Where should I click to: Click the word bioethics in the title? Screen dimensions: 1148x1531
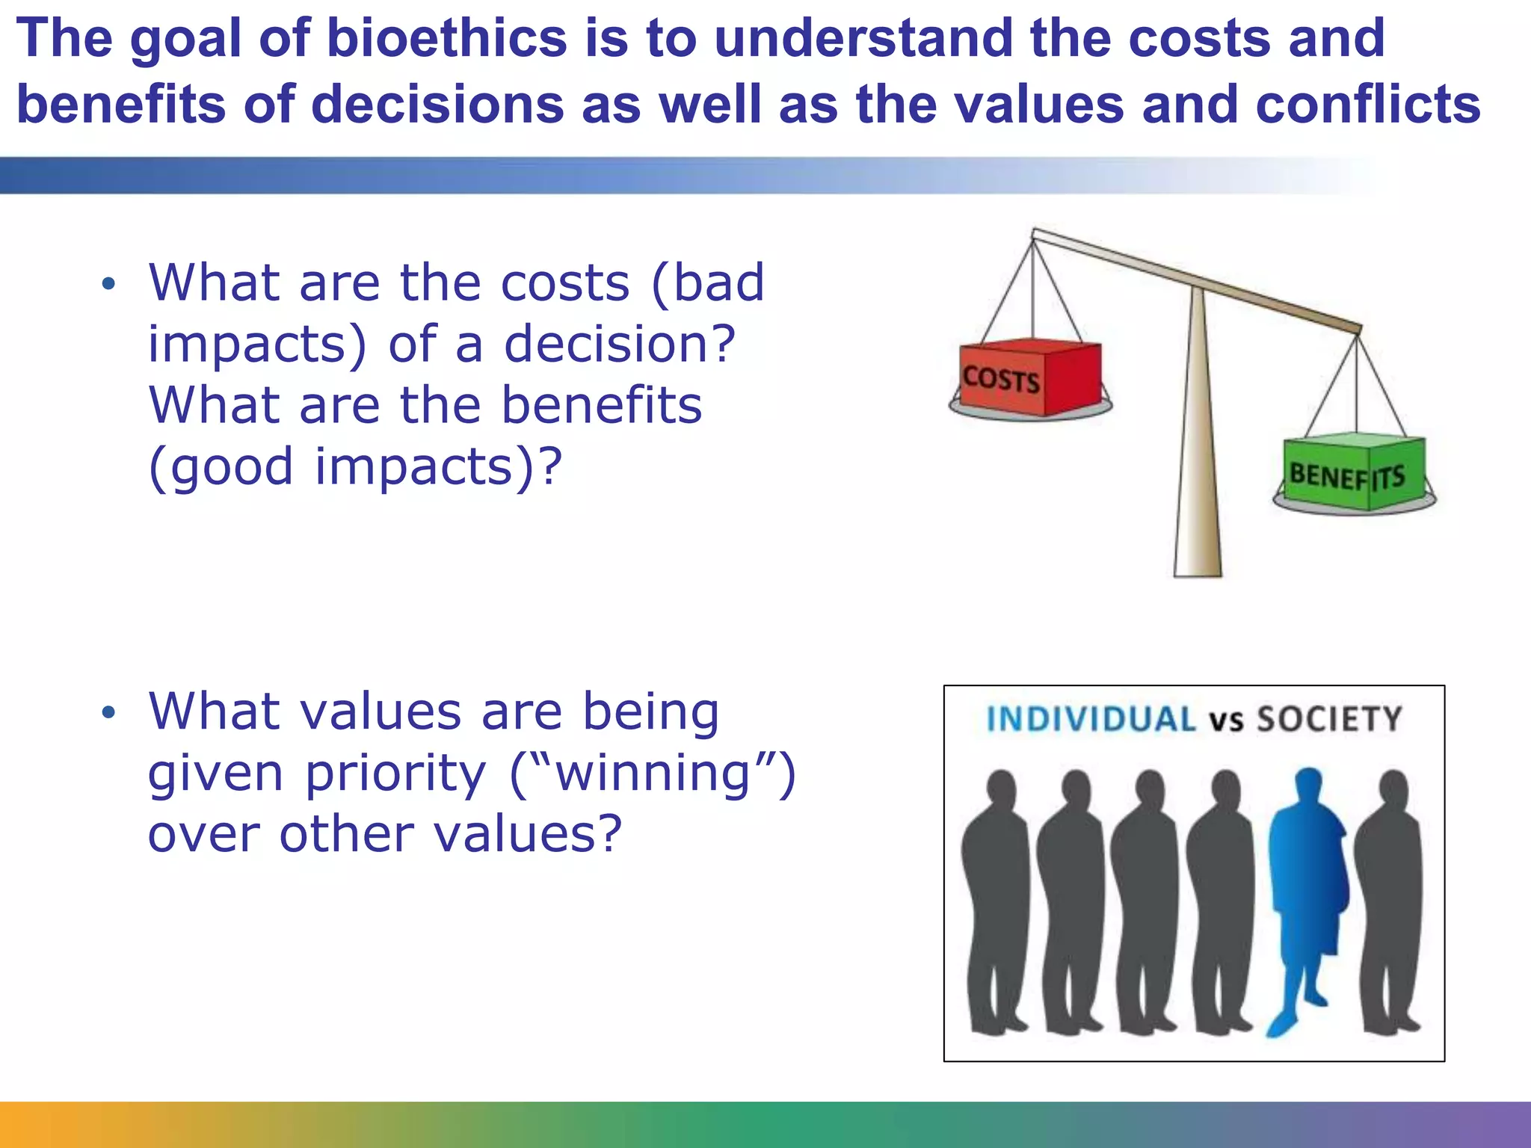[446, 39]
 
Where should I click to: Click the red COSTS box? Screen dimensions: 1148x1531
[1030, 378]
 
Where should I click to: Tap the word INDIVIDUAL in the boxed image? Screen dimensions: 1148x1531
[1091, 719]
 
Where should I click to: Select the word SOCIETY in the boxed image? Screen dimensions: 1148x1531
[1328, 719]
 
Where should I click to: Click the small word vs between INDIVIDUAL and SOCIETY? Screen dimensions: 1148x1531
[1226, 721]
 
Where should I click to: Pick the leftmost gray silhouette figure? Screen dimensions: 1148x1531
[994, 897]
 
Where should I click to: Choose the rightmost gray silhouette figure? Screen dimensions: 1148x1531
[1389, 897]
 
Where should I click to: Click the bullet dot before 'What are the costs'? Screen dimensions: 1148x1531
[109, 284]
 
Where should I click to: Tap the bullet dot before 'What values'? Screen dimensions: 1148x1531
[109, 712]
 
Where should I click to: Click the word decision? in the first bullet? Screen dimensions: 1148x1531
[620, 345]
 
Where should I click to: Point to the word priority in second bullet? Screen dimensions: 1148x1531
[395, 774]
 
